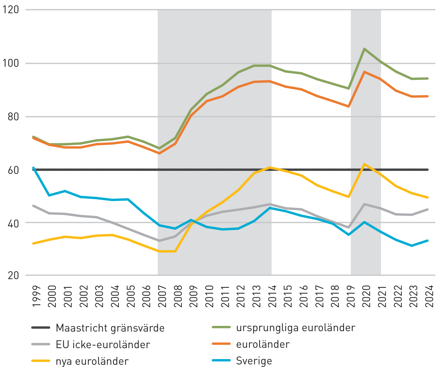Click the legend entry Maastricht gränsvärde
[110, 328]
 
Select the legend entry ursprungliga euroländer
[295, 328]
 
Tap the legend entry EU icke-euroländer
[103, 344]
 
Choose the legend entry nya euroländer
[92, 361]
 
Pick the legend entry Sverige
[254, 361]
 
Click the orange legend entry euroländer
[263, 344]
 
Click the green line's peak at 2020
[364, 49]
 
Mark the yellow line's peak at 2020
[364, 164]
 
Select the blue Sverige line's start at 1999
[33, 167]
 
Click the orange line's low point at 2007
[158, 153]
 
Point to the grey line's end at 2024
[428, 209]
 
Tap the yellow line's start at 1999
[33, 244]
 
